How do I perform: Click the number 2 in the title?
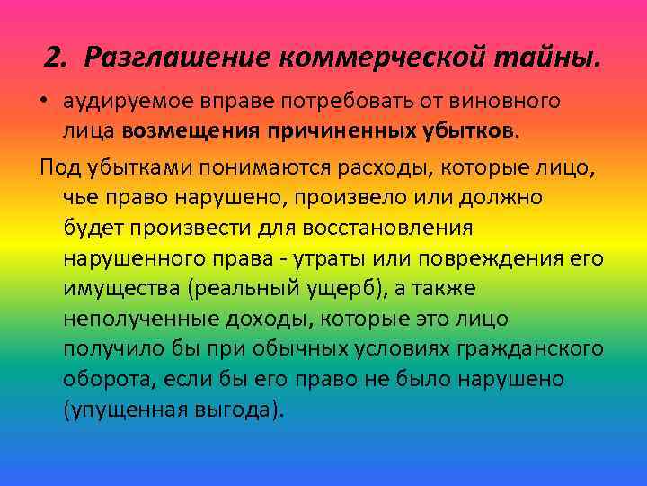tap(54, 58)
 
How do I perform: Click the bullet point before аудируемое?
tap(44, 102)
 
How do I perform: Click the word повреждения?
tap(490, 258)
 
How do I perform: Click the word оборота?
tap(102, 380)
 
